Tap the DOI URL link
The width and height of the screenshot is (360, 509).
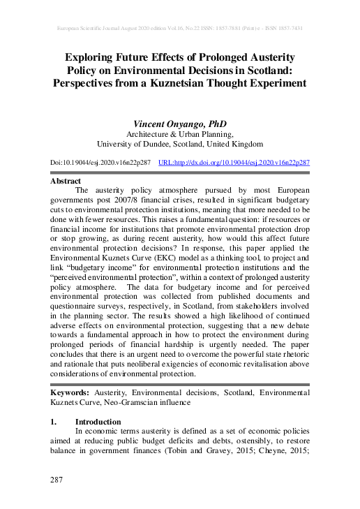coord(234,162)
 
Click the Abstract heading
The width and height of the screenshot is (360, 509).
coord(66,180)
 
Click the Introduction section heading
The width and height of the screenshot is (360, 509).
coord(98,422)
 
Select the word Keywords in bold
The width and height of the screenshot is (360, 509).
coord(73,392)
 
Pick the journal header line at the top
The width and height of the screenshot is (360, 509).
coord(179,29)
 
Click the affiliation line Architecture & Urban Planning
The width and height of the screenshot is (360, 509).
coord(179,134)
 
